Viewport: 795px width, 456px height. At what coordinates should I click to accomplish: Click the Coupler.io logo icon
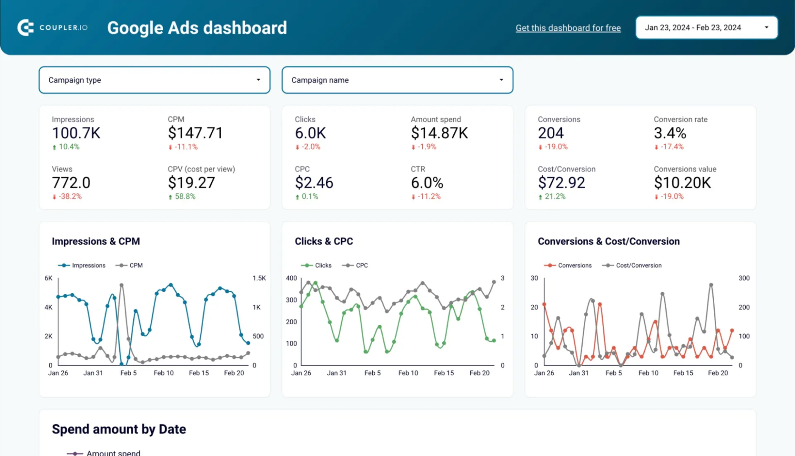pyautogui.click(x=25, y=28)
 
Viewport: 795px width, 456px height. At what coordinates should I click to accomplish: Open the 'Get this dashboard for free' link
pyautogui.click(x=568, y=28)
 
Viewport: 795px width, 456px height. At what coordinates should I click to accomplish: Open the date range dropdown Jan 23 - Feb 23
pyautogui.click(x=706, y=28)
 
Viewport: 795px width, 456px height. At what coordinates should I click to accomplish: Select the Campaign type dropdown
pyautogui.click(x=154, y=80)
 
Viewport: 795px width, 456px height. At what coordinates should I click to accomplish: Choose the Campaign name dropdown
pyautogui.click(x=397, y=80)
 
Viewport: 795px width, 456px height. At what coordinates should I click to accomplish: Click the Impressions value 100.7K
pyautogui.click(x=76, y=133)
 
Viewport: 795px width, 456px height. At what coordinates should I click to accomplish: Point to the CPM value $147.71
pyautogui.click(x=195, y=133)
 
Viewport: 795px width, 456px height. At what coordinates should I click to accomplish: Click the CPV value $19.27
pyautogui.click(x=191, y=183)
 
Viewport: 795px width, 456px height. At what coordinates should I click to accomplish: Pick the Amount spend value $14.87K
pyautogui.click(x=439, y=133)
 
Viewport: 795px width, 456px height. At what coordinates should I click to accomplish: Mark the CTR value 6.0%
pyautogui.click(x=427, y=183)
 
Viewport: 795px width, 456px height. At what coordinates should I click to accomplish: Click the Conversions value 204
pyautogui.click(x=551, y=133)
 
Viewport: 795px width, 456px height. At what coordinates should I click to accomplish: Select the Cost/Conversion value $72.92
pyautogui.click(x=561, y=183)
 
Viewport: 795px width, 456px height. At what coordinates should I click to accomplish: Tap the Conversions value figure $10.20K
pyautogui.click(x=682, y=183)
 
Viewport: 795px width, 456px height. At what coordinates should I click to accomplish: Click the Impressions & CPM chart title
pyautogui.click(x=96, y=241)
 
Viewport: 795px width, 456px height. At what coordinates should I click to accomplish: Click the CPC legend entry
pyautogui.click(x=355, y=265)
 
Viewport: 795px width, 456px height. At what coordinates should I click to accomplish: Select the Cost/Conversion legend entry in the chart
pyautogui.click(x=632, y=265)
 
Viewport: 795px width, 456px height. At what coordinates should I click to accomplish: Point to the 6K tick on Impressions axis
pyautogui.click(x=48, y=278)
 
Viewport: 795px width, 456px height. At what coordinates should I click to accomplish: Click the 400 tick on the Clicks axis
pyautogui.click(x=291, y=278)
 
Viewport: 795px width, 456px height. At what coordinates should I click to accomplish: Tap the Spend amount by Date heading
pyautogui.click(x=119, y=429)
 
